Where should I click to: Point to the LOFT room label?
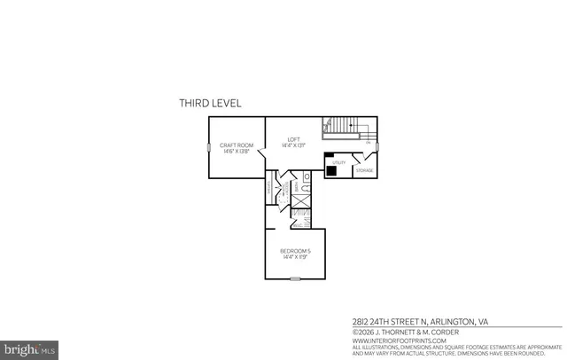point(295,138)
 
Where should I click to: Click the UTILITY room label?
point(339,162)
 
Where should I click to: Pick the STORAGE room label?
point(365,170)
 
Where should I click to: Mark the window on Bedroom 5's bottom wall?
point(295,280)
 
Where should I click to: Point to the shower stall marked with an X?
point(301,211)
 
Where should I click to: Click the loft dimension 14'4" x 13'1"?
point(295,145)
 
